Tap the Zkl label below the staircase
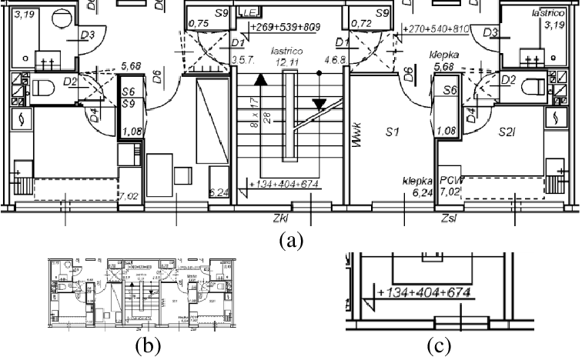[281, 218]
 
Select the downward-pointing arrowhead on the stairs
[319, 105]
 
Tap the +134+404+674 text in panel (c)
[424, 293]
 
